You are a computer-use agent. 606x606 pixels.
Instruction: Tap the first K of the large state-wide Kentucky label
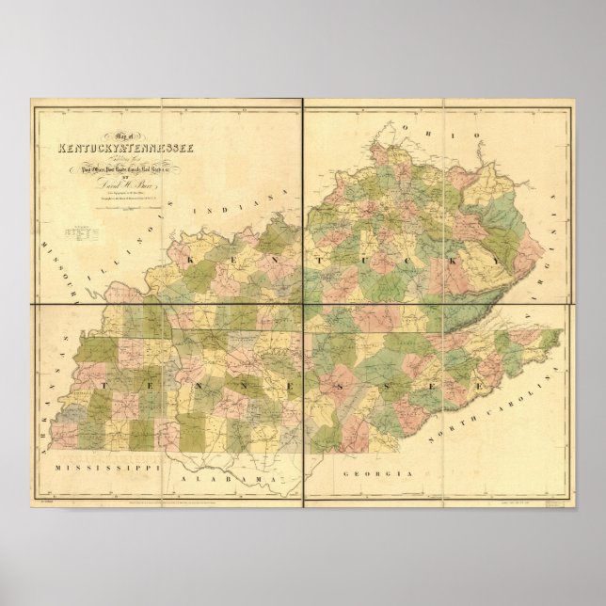pos(194,256)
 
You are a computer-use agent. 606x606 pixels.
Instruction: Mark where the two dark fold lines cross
pos(302,305)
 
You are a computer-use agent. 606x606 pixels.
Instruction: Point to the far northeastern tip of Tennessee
pos(562,330)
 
